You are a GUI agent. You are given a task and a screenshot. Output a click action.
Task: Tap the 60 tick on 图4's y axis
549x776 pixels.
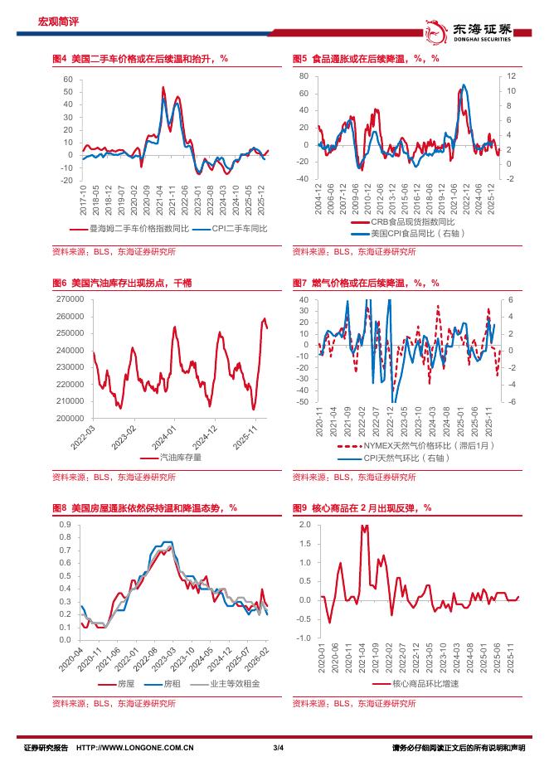coord(69,80)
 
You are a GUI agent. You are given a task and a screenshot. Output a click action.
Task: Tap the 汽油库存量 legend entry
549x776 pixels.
coord(179,456)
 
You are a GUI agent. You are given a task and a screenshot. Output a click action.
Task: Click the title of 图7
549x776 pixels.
coord(366,283)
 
